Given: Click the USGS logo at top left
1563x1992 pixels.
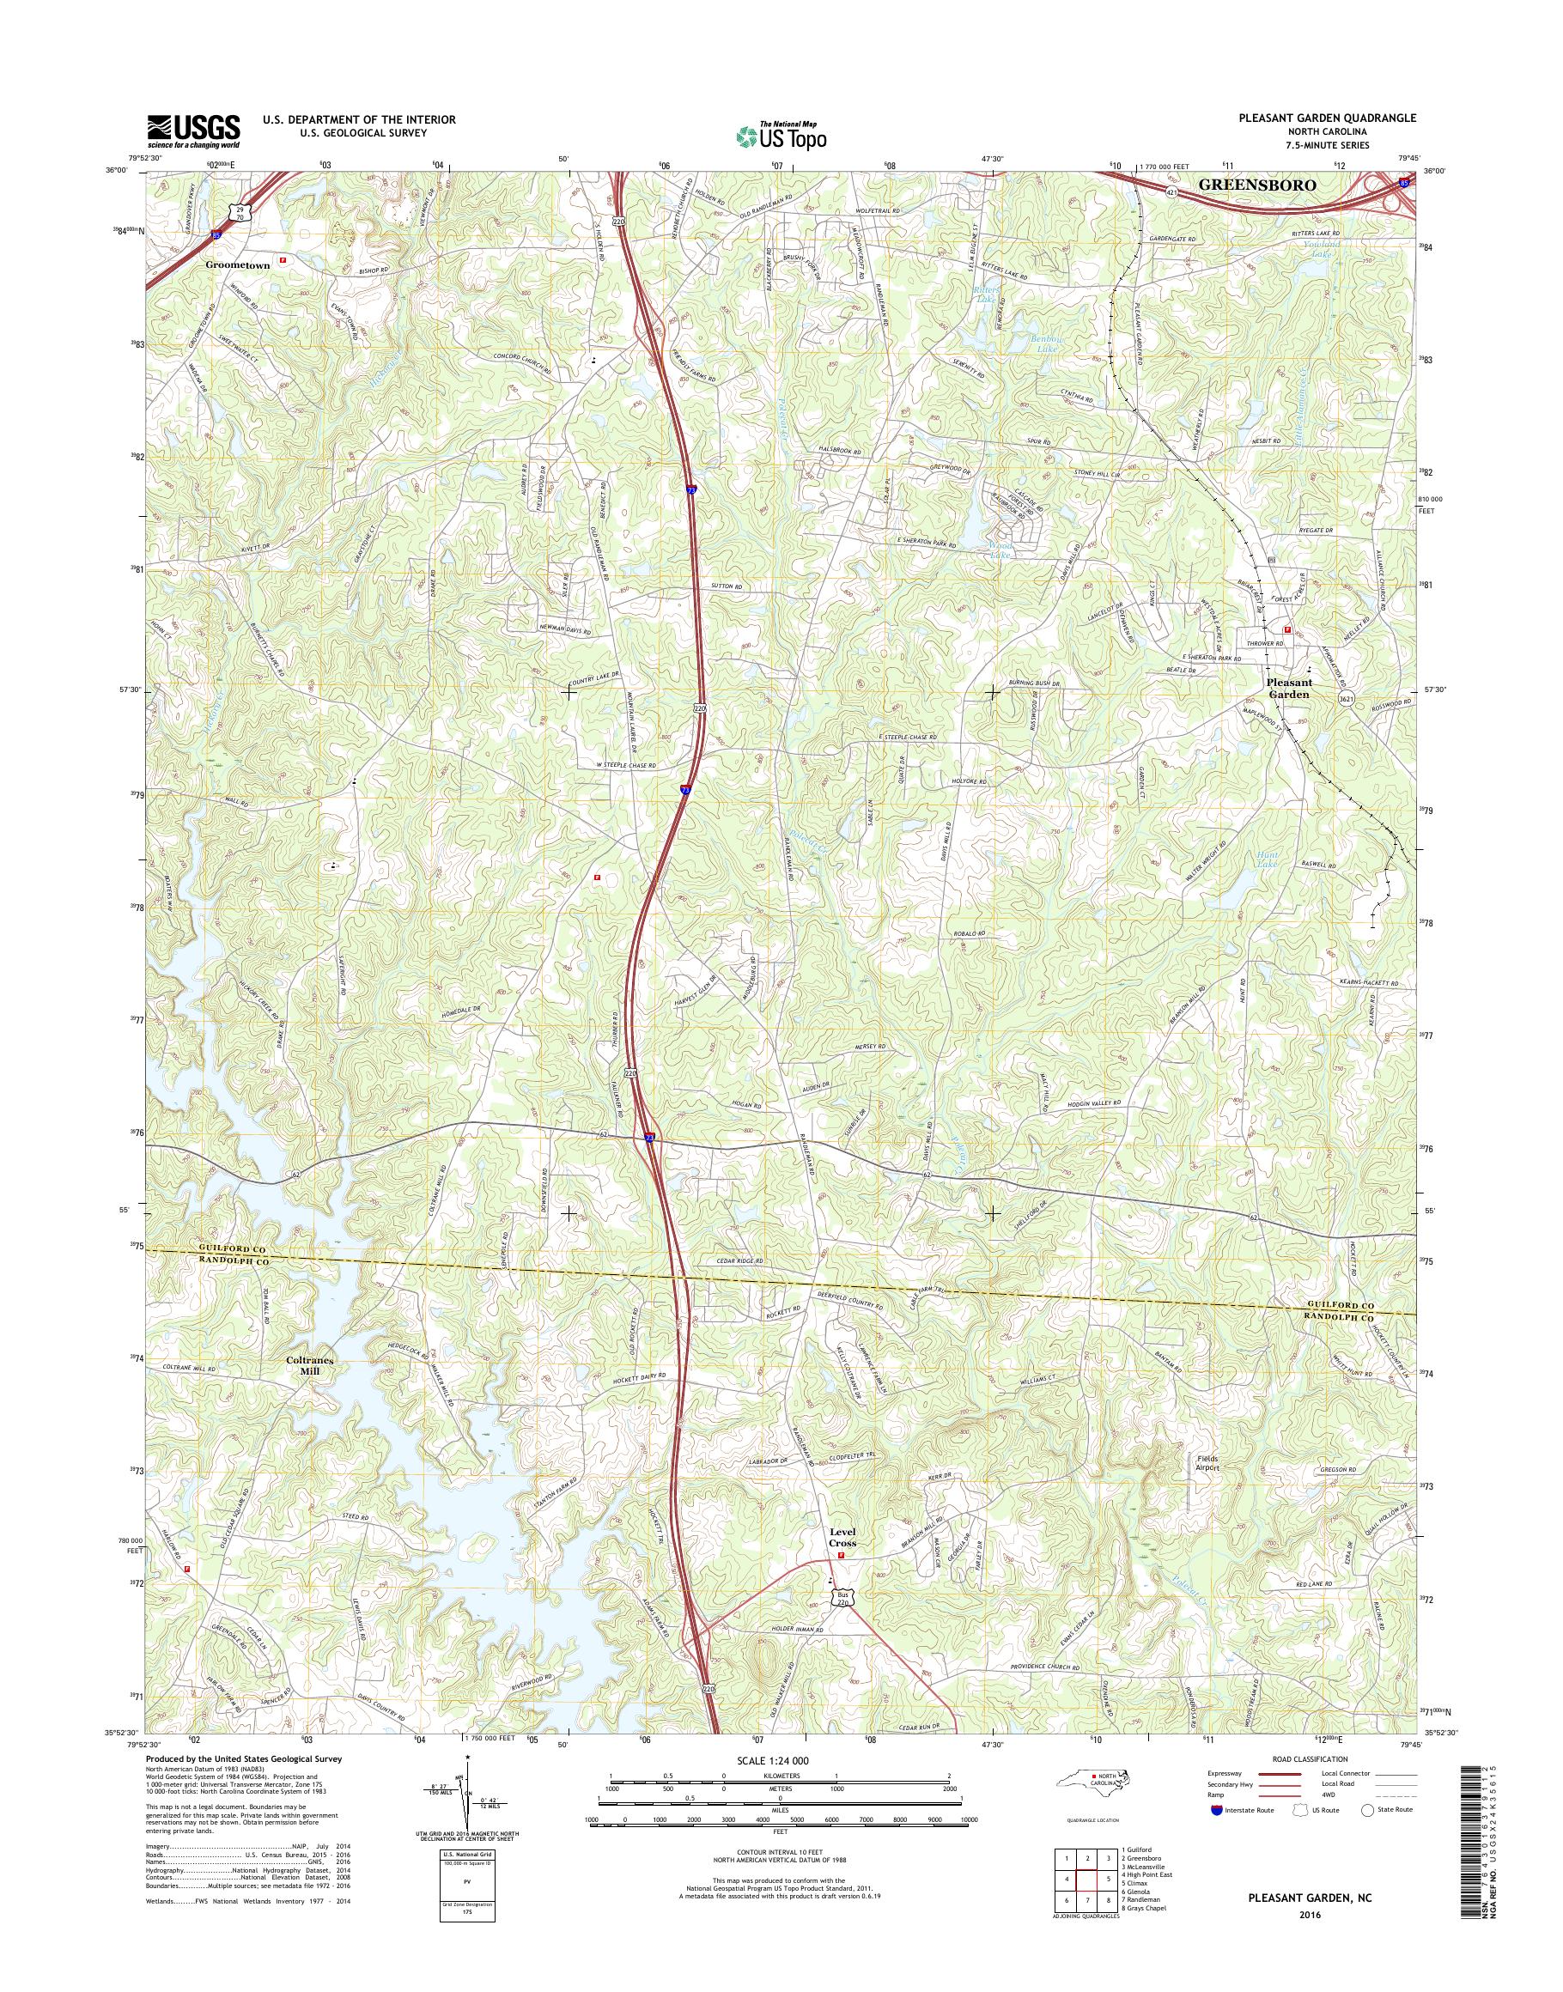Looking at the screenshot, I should coord(193,131).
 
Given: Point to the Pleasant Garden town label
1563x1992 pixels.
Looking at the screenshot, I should coord(1288,688).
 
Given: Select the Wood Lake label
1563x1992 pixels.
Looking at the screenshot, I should coord(1001,549).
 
